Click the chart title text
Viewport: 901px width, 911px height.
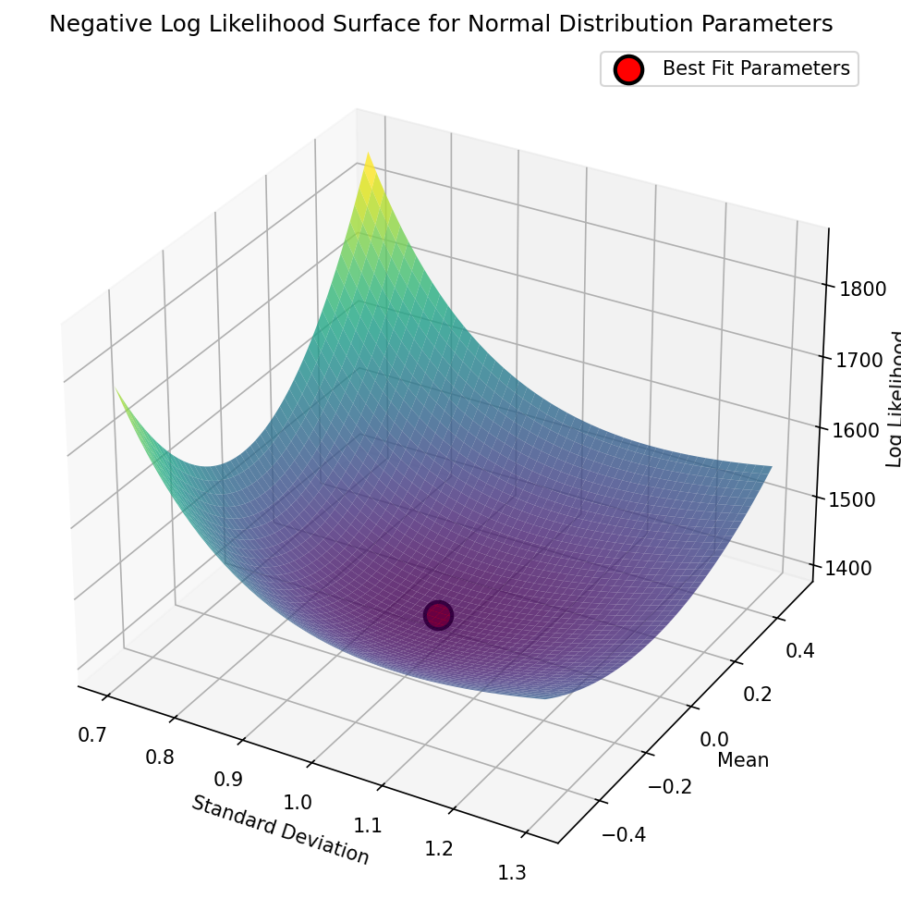tap(441, 25)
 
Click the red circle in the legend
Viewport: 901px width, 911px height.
tap(628, 69)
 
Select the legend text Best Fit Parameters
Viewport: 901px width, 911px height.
tap(755, 68)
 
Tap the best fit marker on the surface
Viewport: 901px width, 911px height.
tap(438, 615)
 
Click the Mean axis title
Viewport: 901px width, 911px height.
tap(743, 760)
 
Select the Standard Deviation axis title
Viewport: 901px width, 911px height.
tap(280, 830)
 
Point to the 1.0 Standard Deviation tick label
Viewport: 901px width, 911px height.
tap(298, 802)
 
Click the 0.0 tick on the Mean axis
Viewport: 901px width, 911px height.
tap(713, 739)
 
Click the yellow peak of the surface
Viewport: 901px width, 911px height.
tap(369, 157)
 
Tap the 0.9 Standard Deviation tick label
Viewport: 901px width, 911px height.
tap(228, 779)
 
